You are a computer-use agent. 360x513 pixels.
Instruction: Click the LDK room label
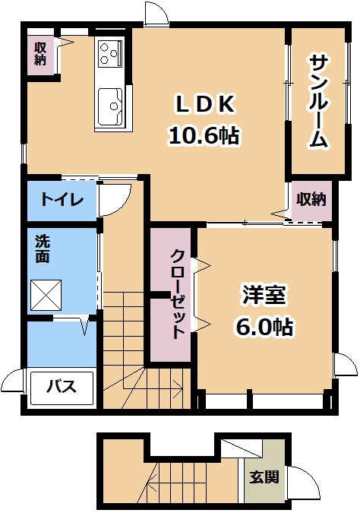pos(205,105)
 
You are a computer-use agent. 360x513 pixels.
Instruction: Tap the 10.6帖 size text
pos(204,135)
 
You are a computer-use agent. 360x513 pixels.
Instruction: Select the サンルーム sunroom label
pos(317,102)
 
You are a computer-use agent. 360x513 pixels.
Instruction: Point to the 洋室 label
pos(264,296)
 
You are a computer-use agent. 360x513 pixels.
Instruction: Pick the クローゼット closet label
pos(177,295)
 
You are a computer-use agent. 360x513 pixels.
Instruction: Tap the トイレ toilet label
pos(62,199)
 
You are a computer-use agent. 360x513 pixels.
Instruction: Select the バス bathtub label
pos(62,387)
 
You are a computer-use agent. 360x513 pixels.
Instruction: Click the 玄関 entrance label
pos(264,477)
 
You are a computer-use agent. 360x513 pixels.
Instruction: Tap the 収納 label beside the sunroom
pos(311,199)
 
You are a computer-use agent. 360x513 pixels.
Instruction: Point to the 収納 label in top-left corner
pos(40,54)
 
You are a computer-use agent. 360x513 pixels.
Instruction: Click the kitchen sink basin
pos(110,106)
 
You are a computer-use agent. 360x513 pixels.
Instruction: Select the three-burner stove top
pos(109,52)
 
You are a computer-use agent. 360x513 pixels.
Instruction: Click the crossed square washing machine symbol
pos(46,295)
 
